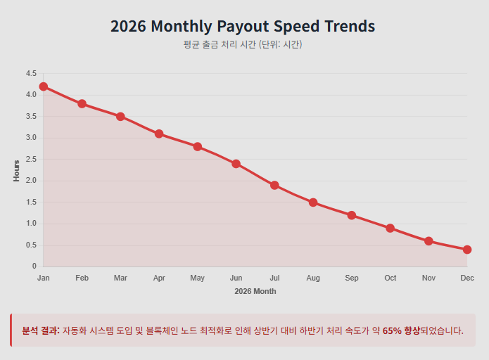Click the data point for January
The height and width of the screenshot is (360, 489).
tap(44, 86)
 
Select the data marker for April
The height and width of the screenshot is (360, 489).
tap(159, 134)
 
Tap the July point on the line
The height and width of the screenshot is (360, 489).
tap(274, 186)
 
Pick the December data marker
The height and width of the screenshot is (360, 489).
tap(467, 250)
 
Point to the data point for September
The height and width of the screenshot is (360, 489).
tap(352, 215)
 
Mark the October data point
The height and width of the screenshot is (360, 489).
tap(390, 228)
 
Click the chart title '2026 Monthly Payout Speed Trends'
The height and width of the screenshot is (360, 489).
tap(243, 27)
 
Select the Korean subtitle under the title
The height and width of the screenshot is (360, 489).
tap(243, 44)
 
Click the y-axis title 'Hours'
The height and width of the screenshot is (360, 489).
tap(16, 170)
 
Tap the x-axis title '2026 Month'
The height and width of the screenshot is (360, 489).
tap(255, 291)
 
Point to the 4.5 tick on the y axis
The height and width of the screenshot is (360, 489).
tap(30, 73)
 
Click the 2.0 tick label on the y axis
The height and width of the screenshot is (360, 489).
tap(30, 181)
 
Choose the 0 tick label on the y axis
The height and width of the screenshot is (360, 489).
tap(34, 266)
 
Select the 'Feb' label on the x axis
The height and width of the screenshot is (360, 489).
tap(82, 278)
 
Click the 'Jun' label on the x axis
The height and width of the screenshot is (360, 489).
tap(236, 278)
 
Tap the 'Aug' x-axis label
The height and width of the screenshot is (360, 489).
tap(313, 278)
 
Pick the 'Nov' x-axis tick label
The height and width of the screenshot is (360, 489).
tap(428, 278)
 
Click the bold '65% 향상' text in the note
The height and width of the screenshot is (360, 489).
tap(401, 330)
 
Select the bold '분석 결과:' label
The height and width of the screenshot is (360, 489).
tap(40, 330)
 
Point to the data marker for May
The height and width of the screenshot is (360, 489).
tap(198, 147)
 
